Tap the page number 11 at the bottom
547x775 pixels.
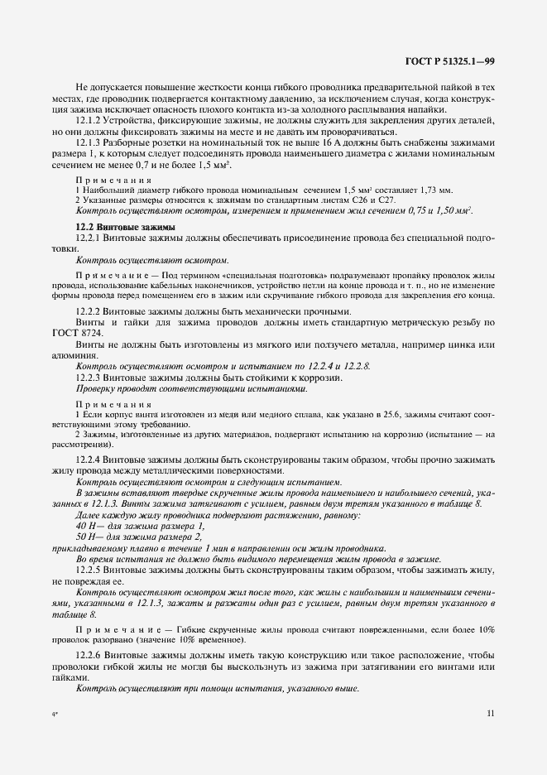[491, 712]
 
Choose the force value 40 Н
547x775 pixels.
[86, 527]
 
